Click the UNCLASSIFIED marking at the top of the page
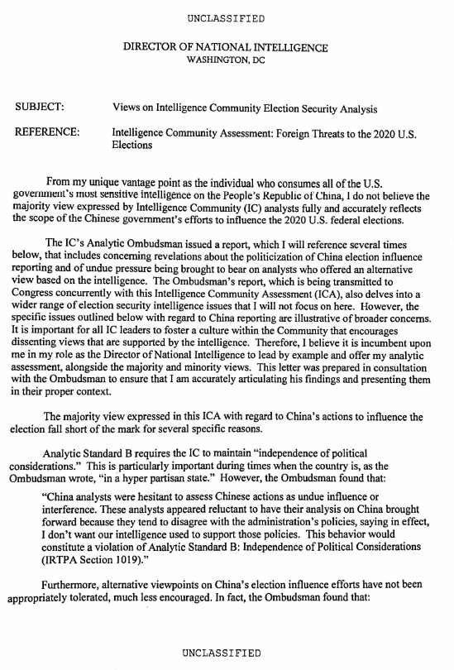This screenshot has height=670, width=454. coord(226,17)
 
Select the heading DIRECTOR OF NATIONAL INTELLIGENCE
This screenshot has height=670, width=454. coord(225,49)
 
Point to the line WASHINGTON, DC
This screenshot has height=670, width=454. coord(225,61)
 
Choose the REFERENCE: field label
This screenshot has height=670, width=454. coord(48,132)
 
